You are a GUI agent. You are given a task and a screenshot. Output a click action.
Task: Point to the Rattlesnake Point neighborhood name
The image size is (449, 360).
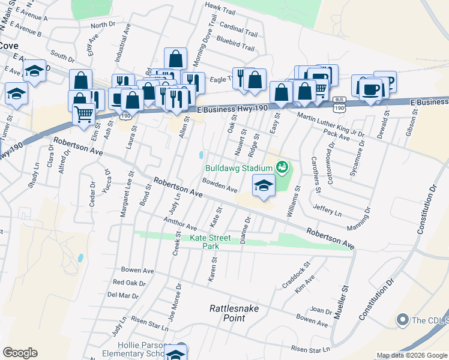tap(227, 313)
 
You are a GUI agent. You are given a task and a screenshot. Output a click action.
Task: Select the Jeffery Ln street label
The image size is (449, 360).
tap(327, 209)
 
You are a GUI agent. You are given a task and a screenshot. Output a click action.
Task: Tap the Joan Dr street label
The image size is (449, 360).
tap(322, 311)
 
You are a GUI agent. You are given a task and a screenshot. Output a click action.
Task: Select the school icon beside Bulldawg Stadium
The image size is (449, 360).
tap(263, 186)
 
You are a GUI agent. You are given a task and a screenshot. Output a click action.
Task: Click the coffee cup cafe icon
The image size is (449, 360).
tap(370, 88)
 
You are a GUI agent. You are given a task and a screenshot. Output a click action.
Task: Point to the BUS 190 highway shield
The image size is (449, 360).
tap(340, 106)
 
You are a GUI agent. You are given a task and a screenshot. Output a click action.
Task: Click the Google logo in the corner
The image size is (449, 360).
tap(20, 353)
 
